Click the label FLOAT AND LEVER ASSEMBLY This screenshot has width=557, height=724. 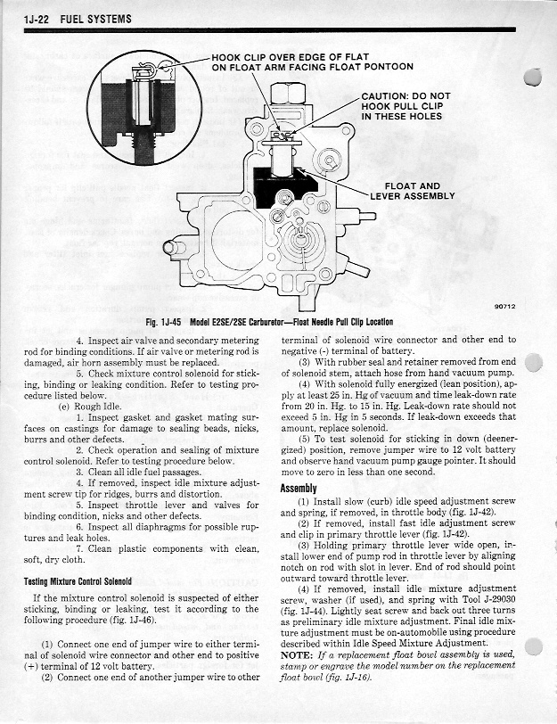click(420, 191)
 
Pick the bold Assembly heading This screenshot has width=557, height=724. click(299, 489)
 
